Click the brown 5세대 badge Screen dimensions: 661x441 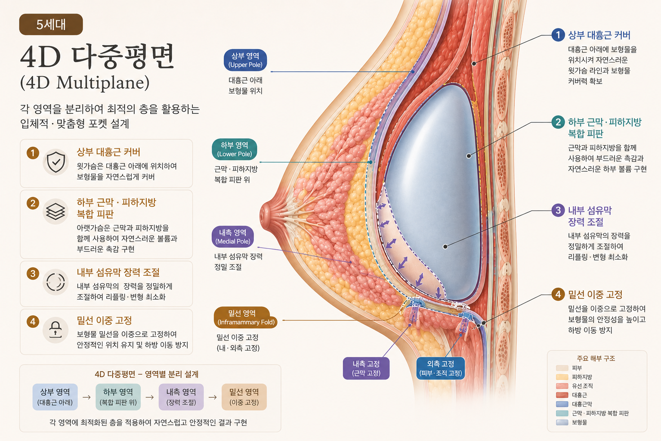(51, 24)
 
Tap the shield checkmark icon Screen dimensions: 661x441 (56, 162)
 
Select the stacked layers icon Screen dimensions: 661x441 (56, 211)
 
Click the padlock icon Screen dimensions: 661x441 (56, 329)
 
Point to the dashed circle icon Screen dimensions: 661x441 (56, 282)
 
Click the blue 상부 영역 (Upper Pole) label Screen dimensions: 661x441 (245, 60)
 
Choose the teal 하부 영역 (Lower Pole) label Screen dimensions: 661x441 (234, 149)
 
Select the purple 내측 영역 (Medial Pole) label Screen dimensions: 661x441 (233, 237)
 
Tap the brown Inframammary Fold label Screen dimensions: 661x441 (246, 317)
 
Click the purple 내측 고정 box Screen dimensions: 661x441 (366, 368)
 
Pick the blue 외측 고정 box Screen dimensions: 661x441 (441, 368)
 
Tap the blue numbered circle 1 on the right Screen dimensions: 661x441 (558, 35)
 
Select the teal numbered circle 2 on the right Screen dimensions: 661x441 (558, 122)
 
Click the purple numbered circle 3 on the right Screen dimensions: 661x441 (558, 210)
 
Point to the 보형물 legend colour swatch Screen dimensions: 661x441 (562, 422)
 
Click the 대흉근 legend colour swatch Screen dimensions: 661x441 (562, 395)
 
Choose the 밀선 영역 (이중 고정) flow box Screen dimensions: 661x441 (244, 397)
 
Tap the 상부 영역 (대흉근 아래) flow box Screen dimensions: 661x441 (55, 397)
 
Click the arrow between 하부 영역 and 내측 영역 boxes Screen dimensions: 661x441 (150, 397)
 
